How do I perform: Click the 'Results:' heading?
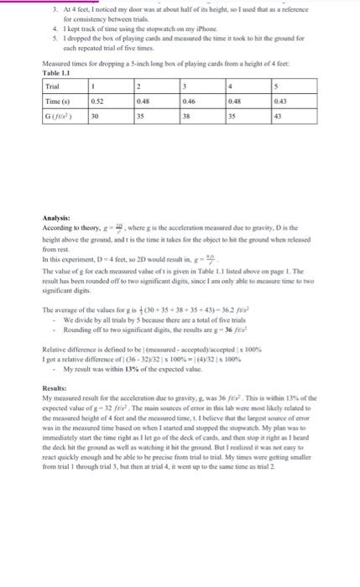click(x=55, y=388)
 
